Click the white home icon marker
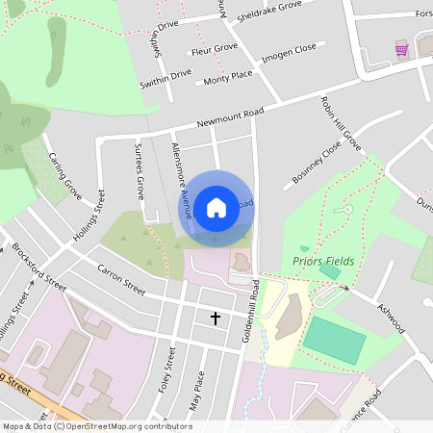216,207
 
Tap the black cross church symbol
215,318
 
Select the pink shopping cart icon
401,49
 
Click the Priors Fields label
323,262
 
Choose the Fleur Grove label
215,48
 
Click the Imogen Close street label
289,52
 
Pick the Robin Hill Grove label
341,123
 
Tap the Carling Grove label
66,177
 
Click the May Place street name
197,391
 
